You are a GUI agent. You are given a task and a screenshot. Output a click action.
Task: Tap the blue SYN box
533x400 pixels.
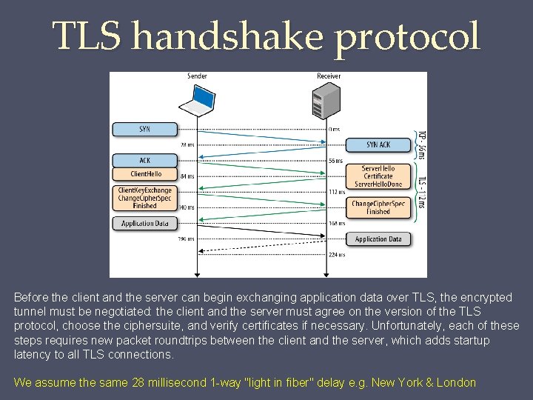145,130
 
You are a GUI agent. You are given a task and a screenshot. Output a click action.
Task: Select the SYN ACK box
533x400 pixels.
378,144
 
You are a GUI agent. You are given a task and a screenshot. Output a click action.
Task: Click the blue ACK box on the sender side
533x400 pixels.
145,160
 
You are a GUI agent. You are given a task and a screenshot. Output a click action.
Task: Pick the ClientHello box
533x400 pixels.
145,174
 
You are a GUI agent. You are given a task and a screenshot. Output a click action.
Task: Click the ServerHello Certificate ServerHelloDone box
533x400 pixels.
378,176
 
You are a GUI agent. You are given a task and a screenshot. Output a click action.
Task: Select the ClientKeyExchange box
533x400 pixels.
145,198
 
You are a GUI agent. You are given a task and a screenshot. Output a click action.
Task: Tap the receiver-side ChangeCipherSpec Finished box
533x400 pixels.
378,207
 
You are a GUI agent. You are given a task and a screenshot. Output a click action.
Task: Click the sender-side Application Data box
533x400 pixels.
145,223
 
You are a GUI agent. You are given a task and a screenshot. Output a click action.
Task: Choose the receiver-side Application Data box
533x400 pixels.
378,239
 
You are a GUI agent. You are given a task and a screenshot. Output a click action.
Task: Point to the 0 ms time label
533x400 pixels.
334,130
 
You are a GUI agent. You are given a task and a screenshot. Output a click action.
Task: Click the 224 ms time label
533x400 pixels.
337,255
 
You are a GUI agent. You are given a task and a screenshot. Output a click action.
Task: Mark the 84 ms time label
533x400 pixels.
187,176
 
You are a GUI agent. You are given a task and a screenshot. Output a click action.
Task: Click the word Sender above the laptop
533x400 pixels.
197,76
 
